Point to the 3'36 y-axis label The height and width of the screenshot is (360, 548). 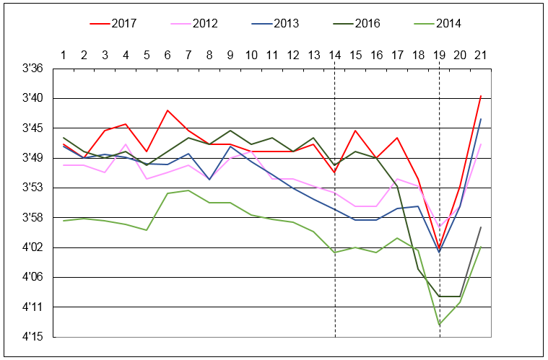[33, 69]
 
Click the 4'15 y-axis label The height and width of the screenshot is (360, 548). [33, 337]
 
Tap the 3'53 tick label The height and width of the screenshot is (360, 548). [33, 188]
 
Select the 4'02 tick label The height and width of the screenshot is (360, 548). [33, 247]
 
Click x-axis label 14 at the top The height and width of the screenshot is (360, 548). [335, 55]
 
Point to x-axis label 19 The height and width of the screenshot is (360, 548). [439, 55]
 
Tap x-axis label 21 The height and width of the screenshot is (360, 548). [481, 55]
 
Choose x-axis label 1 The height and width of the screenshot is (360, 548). [64, 55]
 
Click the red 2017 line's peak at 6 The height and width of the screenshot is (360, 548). [168, 110]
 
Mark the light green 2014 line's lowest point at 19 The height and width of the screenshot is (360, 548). [439, 325]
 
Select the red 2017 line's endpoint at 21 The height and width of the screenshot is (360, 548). [481, 95]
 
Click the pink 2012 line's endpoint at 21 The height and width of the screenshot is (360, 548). [481, 144]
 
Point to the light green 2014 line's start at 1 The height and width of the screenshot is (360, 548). [64, 221]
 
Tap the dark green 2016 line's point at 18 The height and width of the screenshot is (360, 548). [418, 269]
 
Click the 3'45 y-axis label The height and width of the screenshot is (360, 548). [33, 128]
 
